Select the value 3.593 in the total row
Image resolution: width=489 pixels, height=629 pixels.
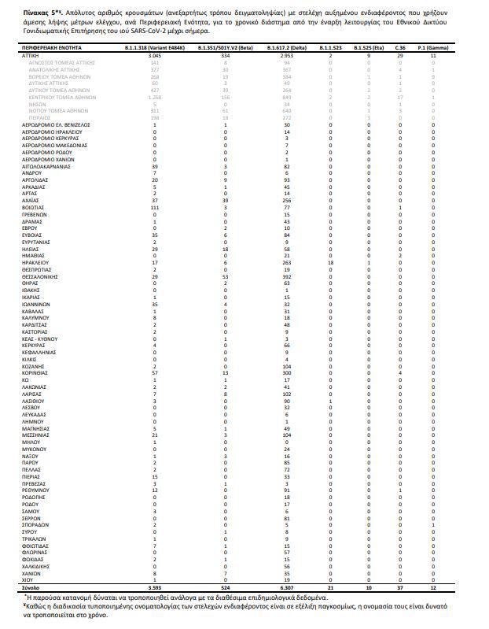pos(155,587)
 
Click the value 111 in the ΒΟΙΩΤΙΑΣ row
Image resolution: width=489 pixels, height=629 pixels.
pos(155,207)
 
